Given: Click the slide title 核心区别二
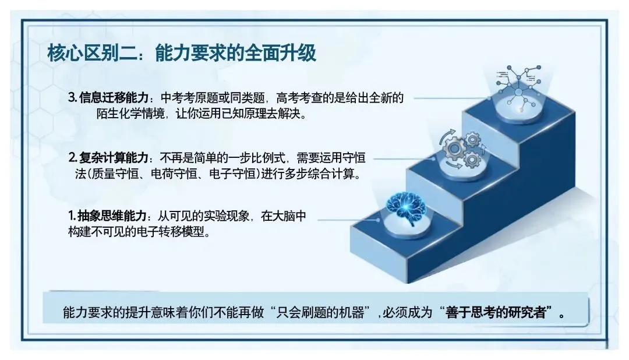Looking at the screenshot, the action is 92,54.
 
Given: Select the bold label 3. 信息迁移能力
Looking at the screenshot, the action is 108,97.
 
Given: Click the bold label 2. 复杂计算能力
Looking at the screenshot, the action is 108,158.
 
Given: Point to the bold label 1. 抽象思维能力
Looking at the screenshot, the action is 108,216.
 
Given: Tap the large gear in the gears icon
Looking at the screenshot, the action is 454,149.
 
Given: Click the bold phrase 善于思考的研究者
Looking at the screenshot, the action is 496,312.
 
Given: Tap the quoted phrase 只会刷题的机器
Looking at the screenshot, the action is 320,312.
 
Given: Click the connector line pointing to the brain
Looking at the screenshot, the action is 348,220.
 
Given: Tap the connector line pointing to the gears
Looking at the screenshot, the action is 404,159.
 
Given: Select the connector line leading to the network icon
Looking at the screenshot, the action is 452,98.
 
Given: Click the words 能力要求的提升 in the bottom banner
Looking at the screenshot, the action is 106,312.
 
